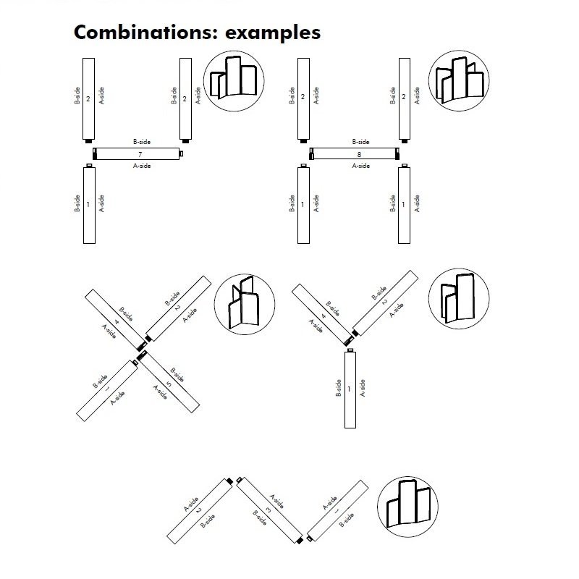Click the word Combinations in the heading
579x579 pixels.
(138, 33)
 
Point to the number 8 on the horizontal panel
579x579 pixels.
(358, 154)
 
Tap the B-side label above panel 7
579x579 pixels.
(141, 143)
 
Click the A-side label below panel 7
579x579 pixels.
(141, 166)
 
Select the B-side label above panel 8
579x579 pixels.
(360, 143)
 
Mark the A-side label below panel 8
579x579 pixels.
(360, 166)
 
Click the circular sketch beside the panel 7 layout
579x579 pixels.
(235, 79)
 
